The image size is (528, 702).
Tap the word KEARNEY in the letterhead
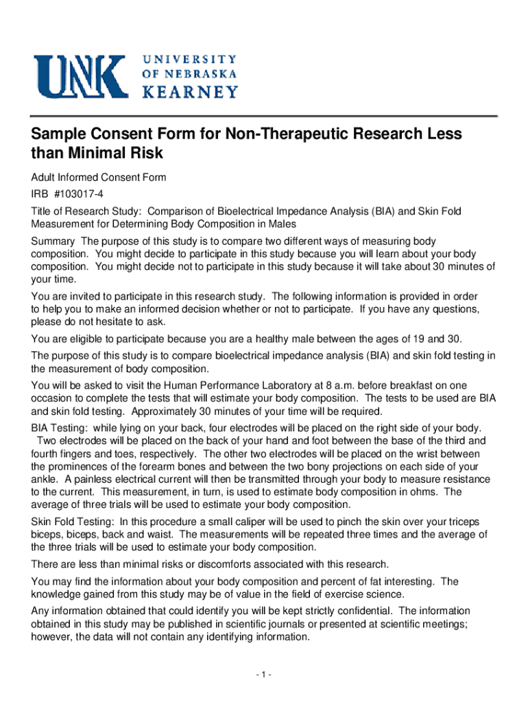189,92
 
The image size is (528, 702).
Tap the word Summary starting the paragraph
53,241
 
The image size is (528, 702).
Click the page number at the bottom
263,675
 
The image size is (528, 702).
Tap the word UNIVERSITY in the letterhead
190,59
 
